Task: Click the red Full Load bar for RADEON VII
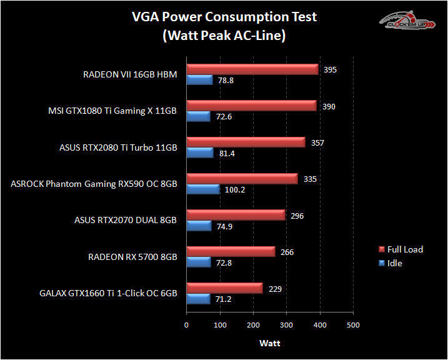click(252, 69)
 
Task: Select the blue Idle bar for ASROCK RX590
click(203, 189)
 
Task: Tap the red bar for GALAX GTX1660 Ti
click(224, 287)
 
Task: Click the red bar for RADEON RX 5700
click(231, 251)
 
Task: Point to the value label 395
click(330, 69)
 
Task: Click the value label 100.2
click(235, 189)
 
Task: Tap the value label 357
click(317, 142)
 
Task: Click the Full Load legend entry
click(404, 249)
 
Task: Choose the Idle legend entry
click(394, 263)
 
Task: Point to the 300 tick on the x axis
click(286, 325)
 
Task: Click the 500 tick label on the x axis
click(353, 325)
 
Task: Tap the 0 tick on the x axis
click(186, 325)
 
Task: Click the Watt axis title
click(270, 343)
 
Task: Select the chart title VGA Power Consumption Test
click(224, 17)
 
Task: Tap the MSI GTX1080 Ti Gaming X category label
click(112, 111)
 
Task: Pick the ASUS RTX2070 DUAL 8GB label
click(126, 220)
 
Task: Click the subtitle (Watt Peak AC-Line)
click(224, 36)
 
